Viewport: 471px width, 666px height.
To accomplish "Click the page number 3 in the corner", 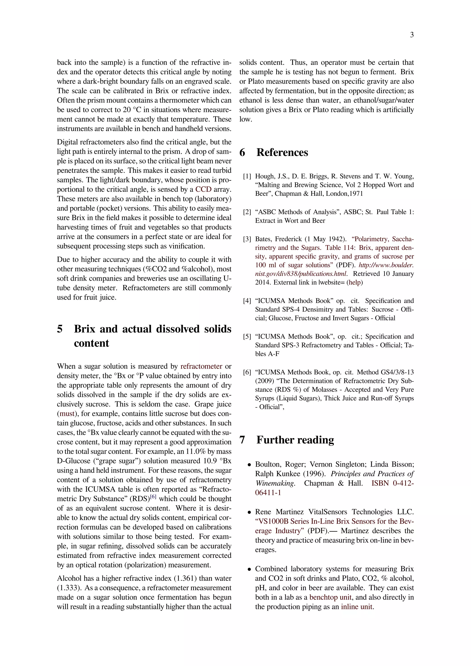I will [411, 35].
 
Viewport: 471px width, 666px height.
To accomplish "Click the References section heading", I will [282, 152].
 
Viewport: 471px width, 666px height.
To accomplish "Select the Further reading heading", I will [295, 440].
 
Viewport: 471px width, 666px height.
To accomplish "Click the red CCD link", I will [203, 189].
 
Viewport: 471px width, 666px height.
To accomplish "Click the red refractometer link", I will [201, 366].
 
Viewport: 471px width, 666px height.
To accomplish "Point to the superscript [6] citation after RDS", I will [153, 497].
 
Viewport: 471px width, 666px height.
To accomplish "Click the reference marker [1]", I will [247, 176].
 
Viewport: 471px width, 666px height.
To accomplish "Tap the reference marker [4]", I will [247, 301].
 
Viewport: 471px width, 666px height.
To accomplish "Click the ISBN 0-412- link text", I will [392, 483].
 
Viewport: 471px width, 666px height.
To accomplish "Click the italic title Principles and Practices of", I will [372, 474].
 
